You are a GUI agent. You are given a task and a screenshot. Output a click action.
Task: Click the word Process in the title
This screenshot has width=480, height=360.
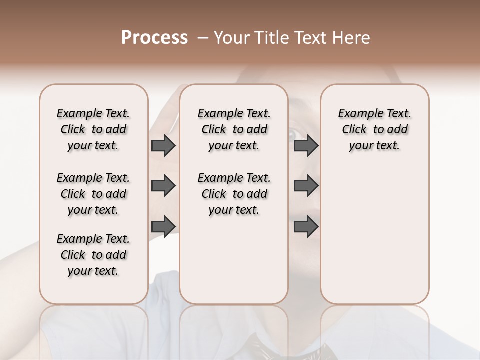click(154, 38)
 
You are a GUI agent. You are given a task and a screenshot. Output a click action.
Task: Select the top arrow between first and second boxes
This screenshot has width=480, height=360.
click(163, 145)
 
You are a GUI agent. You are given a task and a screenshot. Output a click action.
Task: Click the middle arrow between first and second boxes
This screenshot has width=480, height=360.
click(163, 186)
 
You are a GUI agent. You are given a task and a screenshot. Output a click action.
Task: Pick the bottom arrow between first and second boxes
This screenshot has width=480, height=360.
click(163, 226)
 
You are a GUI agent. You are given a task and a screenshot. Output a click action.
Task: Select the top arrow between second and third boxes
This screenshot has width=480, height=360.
click(306, 145)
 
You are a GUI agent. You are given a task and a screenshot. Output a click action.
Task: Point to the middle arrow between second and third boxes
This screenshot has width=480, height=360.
click(306, 186)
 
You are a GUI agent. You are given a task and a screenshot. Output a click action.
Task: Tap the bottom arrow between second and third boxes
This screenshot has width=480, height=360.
click(306, 226)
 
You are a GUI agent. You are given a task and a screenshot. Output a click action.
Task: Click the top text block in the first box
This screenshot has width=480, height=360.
click(93, 129)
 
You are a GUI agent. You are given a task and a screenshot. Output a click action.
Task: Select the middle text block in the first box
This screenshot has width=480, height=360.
click(93, 194)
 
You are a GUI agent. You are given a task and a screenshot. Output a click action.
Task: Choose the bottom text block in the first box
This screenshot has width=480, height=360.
click(93, 255)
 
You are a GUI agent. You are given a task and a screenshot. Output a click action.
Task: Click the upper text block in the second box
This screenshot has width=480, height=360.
click(234, 129)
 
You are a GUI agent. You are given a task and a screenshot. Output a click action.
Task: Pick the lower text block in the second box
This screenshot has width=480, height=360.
click(234, 194)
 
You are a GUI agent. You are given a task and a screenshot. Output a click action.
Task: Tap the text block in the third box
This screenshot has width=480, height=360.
click(374, 129)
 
